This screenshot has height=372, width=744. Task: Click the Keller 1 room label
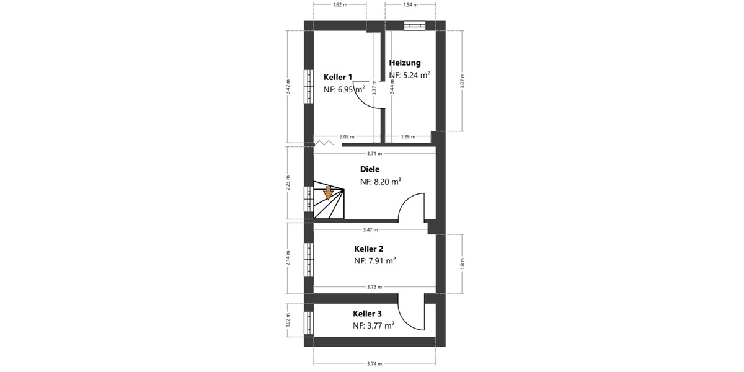click(338, 77)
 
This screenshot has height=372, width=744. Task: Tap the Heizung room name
click(405, 63)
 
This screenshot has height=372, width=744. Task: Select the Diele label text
click(370, 169)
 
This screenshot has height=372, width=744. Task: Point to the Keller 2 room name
click(369, 248)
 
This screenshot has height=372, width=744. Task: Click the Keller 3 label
click(368, 313)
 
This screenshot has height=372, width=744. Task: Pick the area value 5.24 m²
click(410, 75)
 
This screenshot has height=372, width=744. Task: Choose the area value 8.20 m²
click(381, 182)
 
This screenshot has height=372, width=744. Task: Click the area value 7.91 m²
click(375, 261)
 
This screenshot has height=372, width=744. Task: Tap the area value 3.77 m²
click(374, 325)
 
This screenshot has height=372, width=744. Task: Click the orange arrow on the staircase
click(328, 192)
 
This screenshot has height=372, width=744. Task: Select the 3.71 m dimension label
click(374, 153)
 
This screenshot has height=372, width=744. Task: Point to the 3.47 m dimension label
click(371, 230)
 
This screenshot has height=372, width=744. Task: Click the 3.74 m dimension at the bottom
click(374, 364)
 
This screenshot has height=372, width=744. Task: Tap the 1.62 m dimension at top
click(340, 5)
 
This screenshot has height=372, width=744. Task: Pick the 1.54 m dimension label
click(410, 5)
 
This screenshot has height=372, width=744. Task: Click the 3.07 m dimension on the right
click(463, 81)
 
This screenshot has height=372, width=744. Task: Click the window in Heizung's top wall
click(414, 25)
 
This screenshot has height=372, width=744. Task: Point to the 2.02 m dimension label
click(347, 136)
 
